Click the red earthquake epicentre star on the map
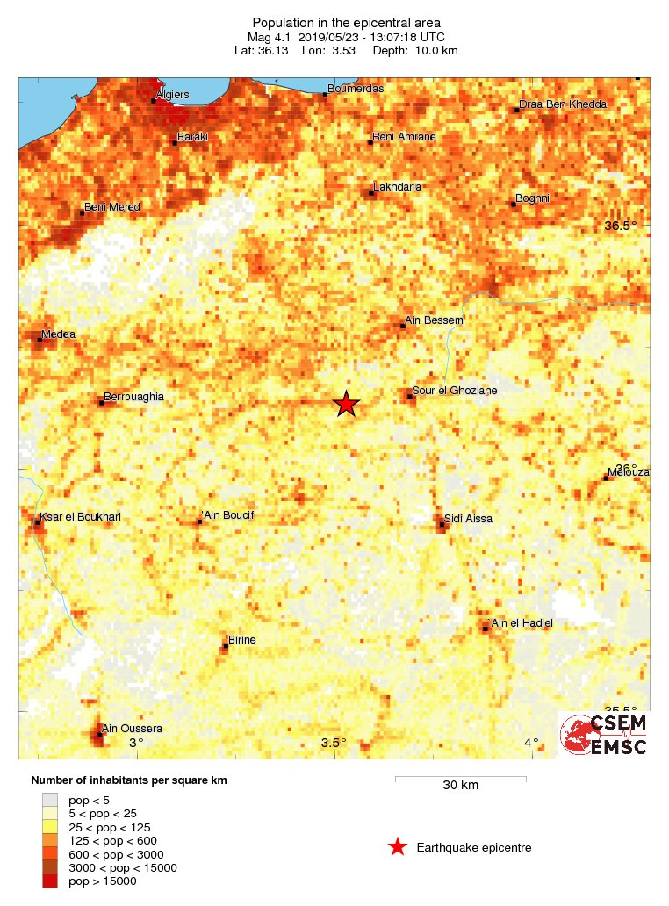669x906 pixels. (347, 404)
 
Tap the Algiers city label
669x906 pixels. (172, 95)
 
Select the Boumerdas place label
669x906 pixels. (356, 89)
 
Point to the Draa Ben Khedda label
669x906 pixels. (563, 104)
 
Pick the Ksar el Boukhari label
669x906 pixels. (81, 517)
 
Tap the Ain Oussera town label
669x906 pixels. (133, 729)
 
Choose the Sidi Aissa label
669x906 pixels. (468, 519)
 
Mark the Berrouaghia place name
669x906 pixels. (133, 398)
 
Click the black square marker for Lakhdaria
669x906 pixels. (371, 193)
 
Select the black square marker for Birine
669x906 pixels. (225, 647)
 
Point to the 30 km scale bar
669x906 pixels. (460, 779)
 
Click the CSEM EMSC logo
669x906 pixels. (604, 735)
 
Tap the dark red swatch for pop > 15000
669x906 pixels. (50, 881)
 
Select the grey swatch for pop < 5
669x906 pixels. (50, 800)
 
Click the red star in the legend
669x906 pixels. (398, 847)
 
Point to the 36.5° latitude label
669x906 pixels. (621, 226)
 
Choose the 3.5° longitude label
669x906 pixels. (334, 744)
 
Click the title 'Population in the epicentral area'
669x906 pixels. (346, 22)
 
